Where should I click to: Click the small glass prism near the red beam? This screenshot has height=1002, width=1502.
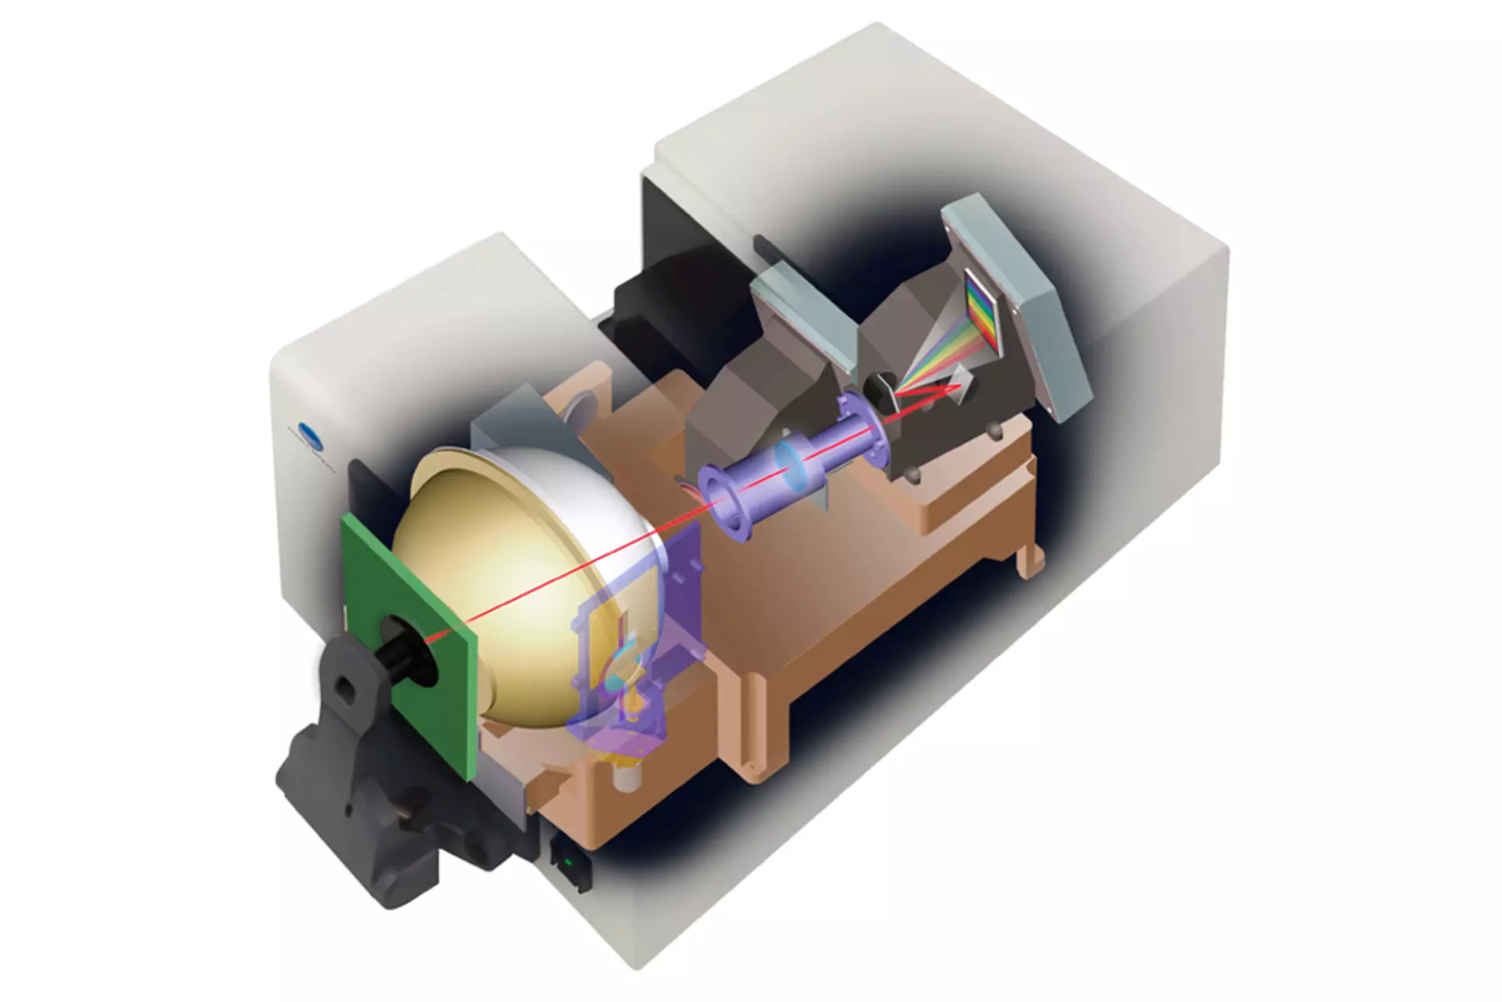pos(964,383)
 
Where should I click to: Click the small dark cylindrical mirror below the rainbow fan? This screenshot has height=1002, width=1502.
pos(879,385)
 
